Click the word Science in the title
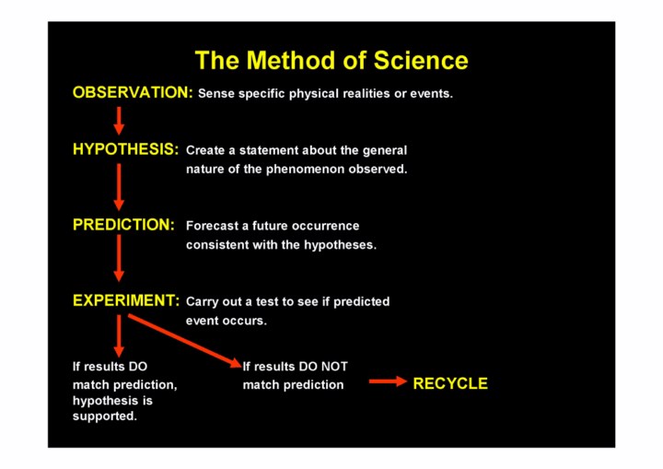(421, 60)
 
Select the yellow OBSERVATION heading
(133, 92)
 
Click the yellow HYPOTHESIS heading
(125, 149)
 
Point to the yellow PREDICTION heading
(123, 224)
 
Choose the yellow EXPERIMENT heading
(126, 300)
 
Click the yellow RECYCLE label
(450, 383)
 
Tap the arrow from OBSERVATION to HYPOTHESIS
(119, 121)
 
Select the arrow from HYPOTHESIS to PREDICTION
(119, 187)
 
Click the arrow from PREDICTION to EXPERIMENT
(119, 258)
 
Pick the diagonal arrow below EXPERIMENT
(185, 341)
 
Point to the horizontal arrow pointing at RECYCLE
(388, 381)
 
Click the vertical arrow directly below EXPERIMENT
(119, 336)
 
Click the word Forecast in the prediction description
(213, 226)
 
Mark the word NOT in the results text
(334, 367)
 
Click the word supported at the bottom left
(104, 416)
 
